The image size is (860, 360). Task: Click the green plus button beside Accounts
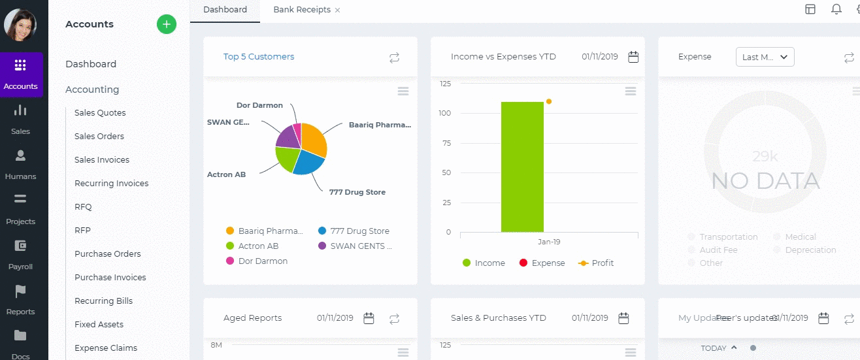click(167, 24)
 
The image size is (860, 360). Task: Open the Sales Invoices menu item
click(102, 160)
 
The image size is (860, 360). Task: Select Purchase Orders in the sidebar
click(107, 254)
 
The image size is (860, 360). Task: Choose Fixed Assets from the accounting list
click(99, 325)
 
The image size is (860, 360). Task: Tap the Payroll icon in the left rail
click(20, 246)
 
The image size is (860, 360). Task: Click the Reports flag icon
click(20, 291)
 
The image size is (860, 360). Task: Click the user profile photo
click(20, 25)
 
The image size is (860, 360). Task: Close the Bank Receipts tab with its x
click(337, 10)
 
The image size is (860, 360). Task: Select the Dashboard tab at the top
click(225, 10)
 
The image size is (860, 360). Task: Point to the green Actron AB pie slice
click(286, 158)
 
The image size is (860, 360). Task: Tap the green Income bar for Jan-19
click(522, 167)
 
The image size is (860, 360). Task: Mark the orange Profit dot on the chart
click(549, 101)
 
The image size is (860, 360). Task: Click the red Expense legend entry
click(542, 263)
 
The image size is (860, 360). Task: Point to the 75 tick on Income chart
click(446, 143)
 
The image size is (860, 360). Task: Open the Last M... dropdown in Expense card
click(765, 57)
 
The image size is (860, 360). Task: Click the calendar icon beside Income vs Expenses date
click(633, 57)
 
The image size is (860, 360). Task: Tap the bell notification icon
click(836, 9)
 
